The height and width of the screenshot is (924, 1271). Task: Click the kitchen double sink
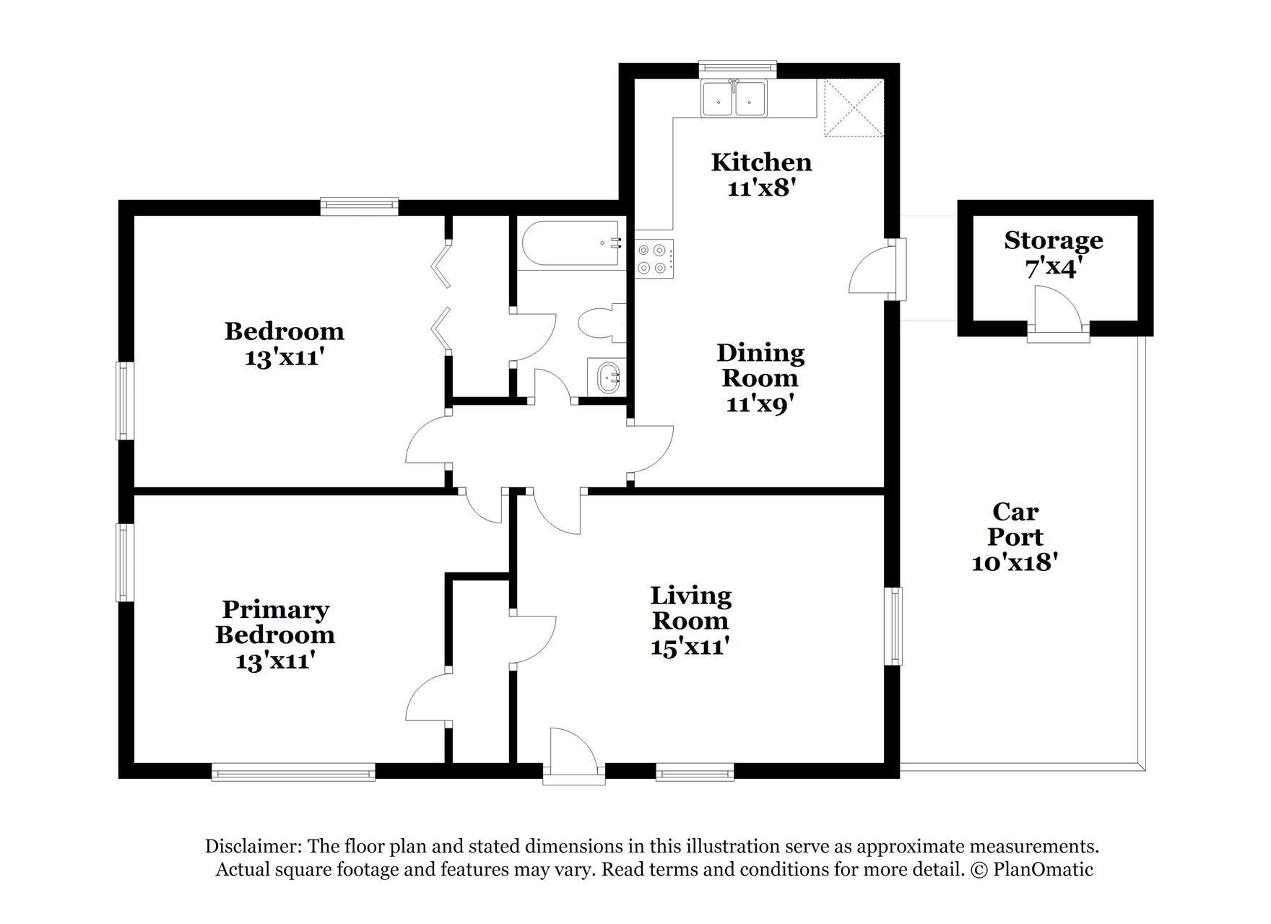tap(734, 99)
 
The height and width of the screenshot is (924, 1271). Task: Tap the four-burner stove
tap(654, 258)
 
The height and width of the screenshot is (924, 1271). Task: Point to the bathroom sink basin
tap(609, 377)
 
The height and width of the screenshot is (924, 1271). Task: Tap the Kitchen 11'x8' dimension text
tap(761, 188)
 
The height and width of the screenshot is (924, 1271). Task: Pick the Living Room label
tap(690, 608)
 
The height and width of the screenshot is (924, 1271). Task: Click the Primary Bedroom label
tap(275, 622)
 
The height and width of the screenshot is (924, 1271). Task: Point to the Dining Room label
tap(760, 365)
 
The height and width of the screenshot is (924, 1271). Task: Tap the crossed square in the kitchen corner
tap(854, 108)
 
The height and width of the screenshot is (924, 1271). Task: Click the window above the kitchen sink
tap(737, 69)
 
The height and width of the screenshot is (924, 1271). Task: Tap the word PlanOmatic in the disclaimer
tap(1043, 869)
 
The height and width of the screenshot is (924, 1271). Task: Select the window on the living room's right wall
tap(895, 626)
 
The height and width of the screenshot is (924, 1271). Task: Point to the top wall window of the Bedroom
tap(359, 206)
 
